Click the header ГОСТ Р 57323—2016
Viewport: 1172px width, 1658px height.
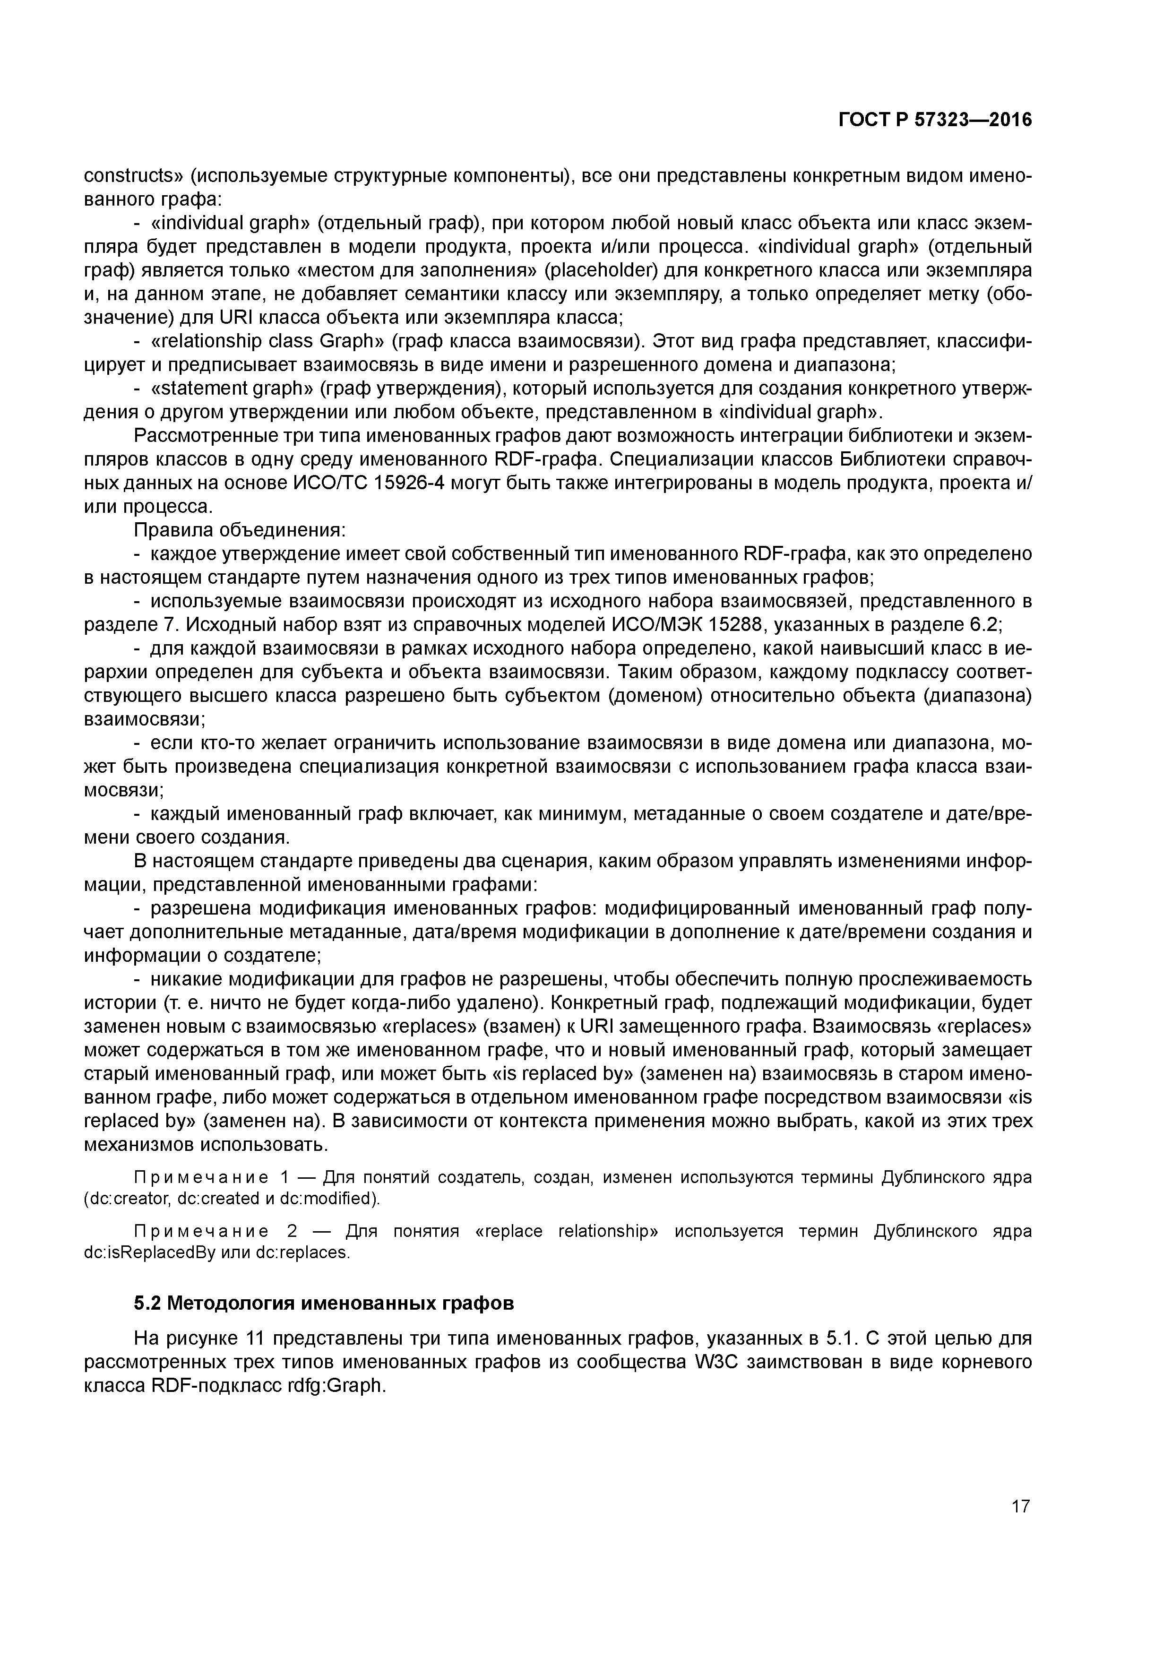(x=935, y=120)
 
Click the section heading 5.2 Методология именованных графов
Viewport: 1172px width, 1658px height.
(x=324, y=1304)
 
